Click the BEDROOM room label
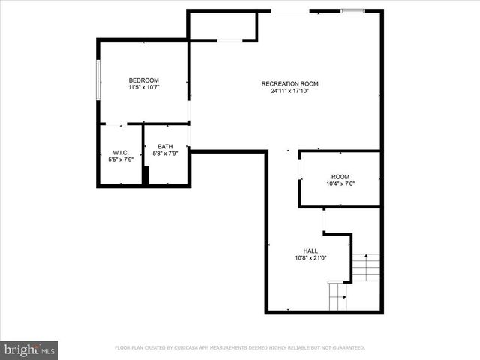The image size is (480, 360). coord(143,80)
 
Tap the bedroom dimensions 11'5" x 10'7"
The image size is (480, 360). coord(143,87)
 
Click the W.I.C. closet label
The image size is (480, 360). coord(121,153)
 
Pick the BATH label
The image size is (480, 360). coord(165,147)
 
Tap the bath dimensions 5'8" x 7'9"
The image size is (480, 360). coord(165,154)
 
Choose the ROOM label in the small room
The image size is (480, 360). coord(340,177)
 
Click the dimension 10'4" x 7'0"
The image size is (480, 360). coord(340,184)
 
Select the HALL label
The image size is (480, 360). coord(310,251)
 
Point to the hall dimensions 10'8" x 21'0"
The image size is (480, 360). coord(310,258)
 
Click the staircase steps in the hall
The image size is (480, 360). coord(365,267)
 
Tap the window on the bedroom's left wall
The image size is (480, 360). coord(97,79)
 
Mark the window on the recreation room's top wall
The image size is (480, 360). coord(352,11)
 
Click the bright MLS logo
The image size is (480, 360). coord(30,349)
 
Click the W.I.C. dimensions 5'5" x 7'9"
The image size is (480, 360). coord(121,160)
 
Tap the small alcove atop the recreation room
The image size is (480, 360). coord(223,26)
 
